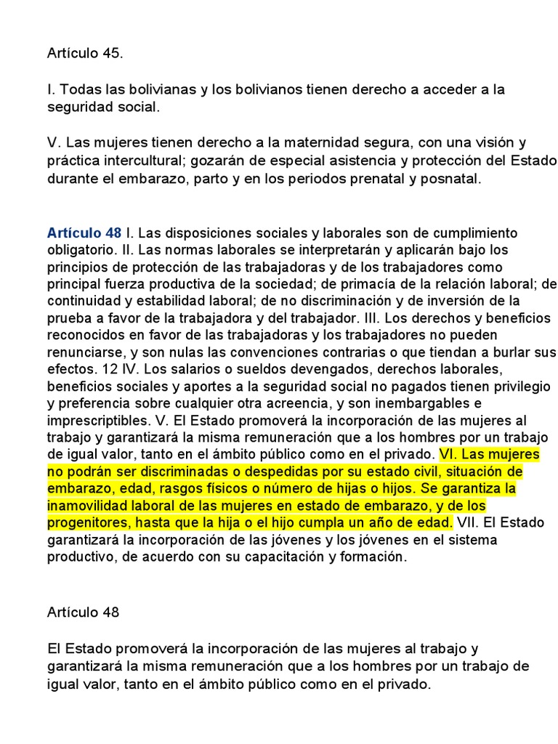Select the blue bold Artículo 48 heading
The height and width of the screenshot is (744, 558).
tap(84, 233)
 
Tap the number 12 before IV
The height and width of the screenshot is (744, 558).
tap(100, 368)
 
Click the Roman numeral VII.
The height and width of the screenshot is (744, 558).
tap(467, 522)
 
